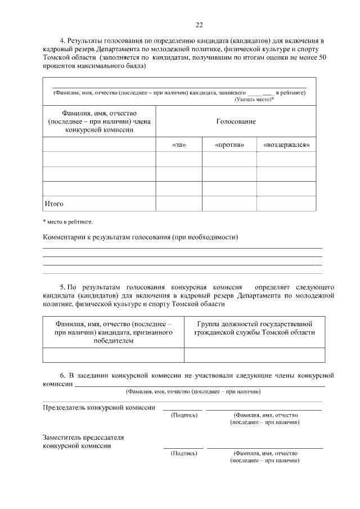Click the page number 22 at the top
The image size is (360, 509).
199,24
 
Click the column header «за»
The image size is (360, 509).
178,145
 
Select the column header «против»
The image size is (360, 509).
229,145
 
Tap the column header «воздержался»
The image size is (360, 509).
286,145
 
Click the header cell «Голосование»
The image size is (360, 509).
236,121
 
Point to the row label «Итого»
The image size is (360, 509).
54,203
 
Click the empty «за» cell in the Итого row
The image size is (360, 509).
178,203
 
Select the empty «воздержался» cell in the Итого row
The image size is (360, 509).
286,203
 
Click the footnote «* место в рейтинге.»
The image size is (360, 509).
67,222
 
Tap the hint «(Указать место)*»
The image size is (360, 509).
254,99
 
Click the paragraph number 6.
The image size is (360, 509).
62,375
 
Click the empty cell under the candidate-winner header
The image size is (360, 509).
113,355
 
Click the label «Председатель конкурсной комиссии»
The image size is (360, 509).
99,407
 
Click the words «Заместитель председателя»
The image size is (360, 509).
83,437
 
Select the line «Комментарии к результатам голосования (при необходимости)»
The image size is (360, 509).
141,237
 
